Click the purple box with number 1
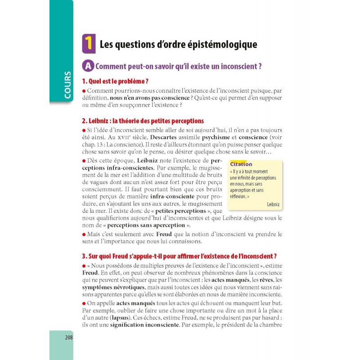coord(89,44)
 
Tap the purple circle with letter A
coord(88,66)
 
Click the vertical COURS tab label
coord(67,85)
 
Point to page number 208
coord(69,337)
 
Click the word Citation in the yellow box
coord(241,164)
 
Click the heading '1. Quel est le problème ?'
coord(115,81)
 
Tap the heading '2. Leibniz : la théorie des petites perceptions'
coord(143,121)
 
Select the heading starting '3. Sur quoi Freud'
coord(179,256)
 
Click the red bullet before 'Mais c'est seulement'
coord(84,234)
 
